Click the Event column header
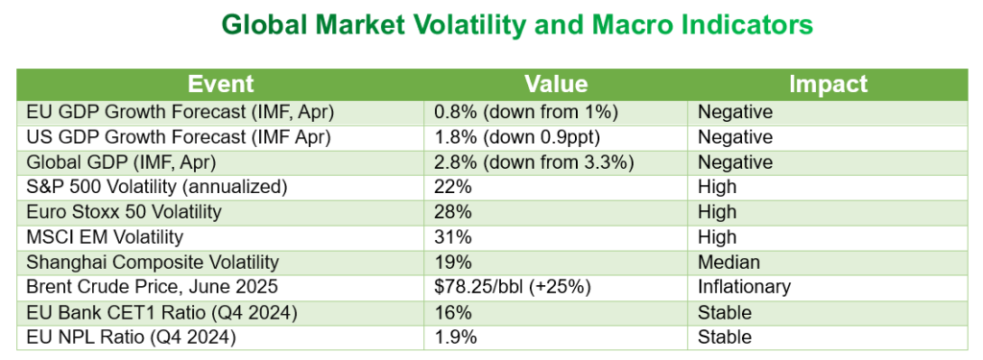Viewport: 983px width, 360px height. tap(221, 84)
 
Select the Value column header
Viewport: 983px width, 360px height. tap(556, 84)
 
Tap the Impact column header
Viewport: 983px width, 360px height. tap(827, 84)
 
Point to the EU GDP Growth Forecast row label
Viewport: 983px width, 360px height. tap(180, 112)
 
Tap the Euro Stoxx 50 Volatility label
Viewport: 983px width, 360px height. tap(124, 212)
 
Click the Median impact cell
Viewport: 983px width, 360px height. tap(729, 261)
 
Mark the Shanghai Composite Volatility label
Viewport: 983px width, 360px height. tap(153, 261)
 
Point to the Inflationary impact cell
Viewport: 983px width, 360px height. tap(744, 287)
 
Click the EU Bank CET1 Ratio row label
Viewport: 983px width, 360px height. tap(161, 312)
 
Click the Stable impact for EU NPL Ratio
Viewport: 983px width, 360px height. tap(724, 337)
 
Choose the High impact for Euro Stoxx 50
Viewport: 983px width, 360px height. tap(717, 212)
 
